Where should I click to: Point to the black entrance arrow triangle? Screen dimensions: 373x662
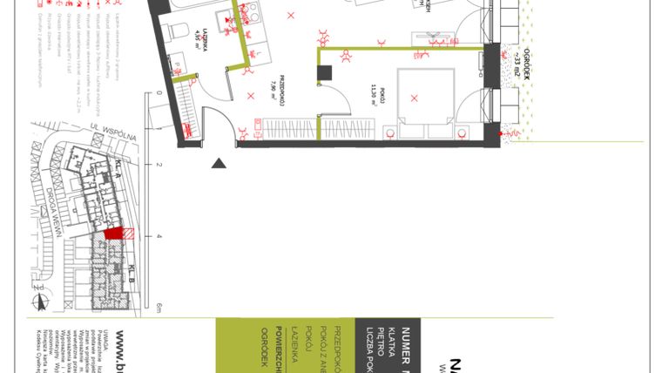(x=218, y=161)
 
